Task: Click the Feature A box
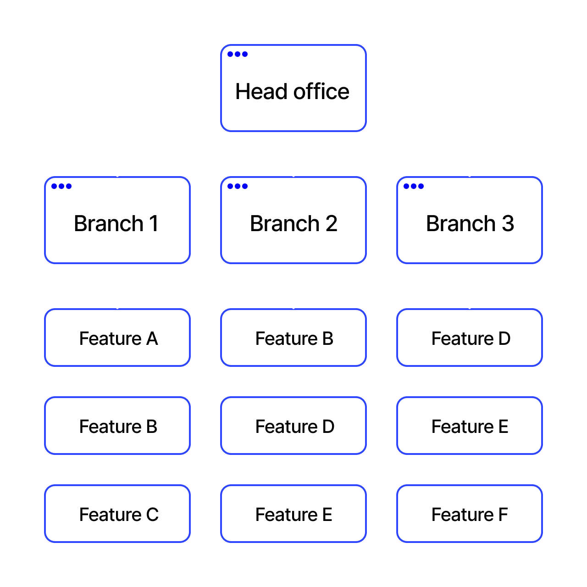click(x=117, y=338)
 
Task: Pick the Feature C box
click(x=117, y=514)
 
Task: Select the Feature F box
click(x=470, y=514)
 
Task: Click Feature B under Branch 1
click(x=117, y=426)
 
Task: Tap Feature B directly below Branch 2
click(x=293, y=338)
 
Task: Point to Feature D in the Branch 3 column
click(x=470, y=338)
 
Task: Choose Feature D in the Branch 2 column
click(x=293, y=426)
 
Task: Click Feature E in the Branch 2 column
click(x=293, y=514)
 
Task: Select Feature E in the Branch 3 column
click(x=470, y=426)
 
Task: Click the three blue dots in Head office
click(x=238, y=54)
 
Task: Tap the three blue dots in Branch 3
click(x=414, y=186)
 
